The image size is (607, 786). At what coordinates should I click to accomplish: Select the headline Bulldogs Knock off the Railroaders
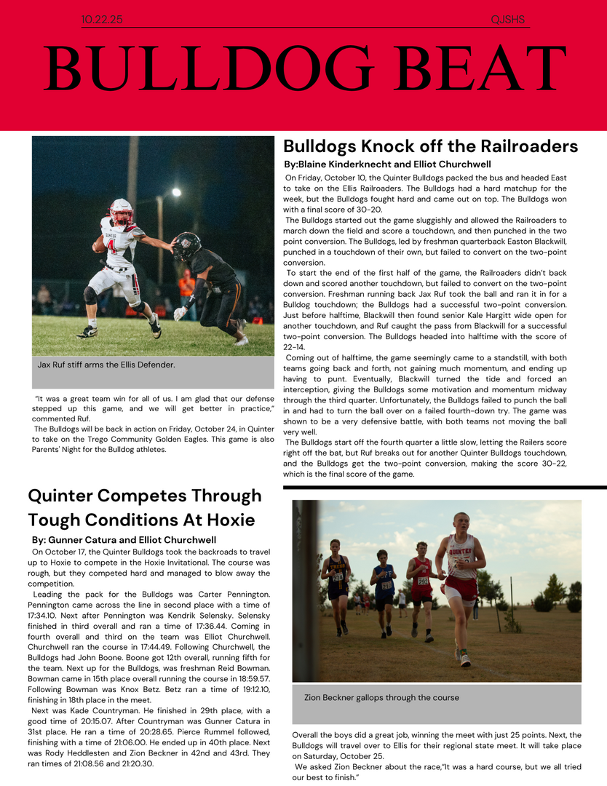pyautogui.click(x=430, y=146)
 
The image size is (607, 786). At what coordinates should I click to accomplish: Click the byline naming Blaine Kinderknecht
pyautogui.click(x=387, y=164)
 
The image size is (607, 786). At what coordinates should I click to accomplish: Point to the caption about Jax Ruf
pyautogui.click(x=106, y=364)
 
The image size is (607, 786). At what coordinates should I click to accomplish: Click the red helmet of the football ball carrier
pyautogui.click(x=122, y=210)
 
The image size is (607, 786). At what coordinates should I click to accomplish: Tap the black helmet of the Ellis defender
pyautogui.click(x=187, y=246)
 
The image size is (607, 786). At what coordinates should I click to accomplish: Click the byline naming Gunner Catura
pyautogui.click(x=124, y=540)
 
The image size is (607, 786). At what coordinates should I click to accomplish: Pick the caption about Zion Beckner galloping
pyautogui.click(x=381, y=697)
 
